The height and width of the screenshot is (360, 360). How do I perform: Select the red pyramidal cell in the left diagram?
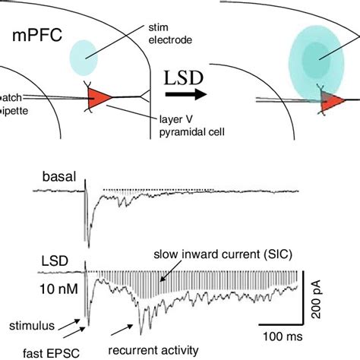pyautogui.click(x=100, y=97)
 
